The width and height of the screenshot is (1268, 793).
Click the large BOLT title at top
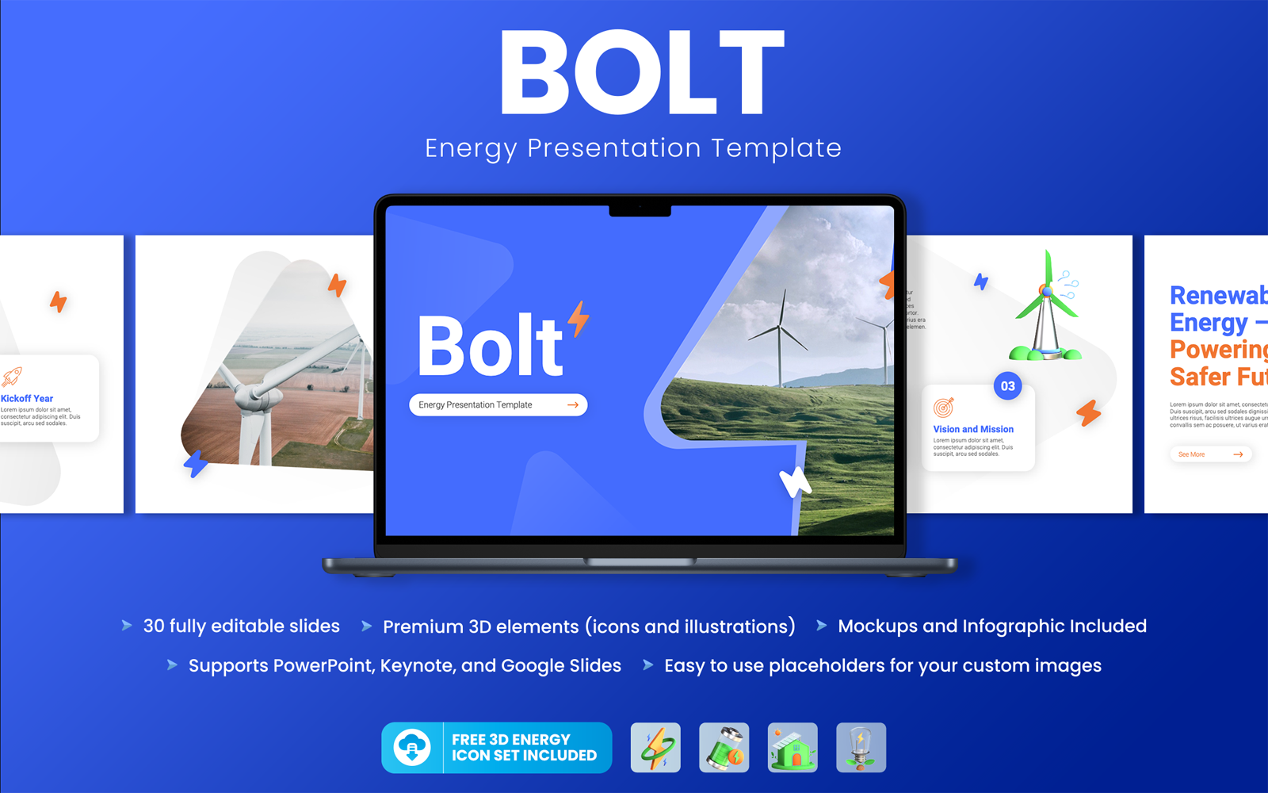point(642,73)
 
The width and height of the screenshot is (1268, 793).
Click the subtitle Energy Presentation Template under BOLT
point(632,148)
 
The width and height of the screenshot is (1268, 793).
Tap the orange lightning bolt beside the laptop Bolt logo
point(579,318)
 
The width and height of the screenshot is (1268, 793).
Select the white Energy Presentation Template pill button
point(498,404)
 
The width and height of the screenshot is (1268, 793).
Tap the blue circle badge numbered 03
point(1007,386)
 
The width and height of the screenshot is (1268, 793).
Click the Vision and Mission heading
point(972,429)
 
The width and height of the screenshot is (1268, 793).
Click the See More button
point(1210,454)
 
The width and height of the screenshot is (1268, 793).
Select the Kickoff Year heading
point(27,398)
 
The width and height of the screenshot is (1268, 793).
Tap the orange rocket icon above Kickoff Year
point(12,377)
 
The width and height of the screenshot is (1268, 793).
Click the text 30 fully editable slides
point(241,626)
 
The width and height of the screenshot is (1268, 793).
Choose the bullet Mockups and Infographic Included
point(991,626)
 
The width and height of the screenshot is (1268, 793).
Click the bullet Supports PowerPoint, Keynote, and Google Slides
point(404,665)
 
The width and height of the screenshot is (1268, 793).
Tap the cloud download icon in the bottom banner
point(412,747)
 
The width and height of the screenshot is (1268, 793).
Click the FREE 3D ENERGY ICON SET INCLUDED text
point(523,747)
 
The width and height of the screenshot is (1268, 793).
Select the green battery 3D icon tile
point(724,747)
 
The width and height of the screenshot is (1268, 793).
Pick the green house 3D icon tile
point(792,747)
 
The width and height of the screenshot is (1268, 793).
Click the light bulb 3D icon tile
point(861,747)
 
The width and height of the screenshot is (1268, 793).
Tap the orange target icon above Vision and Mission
point(943,408)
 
